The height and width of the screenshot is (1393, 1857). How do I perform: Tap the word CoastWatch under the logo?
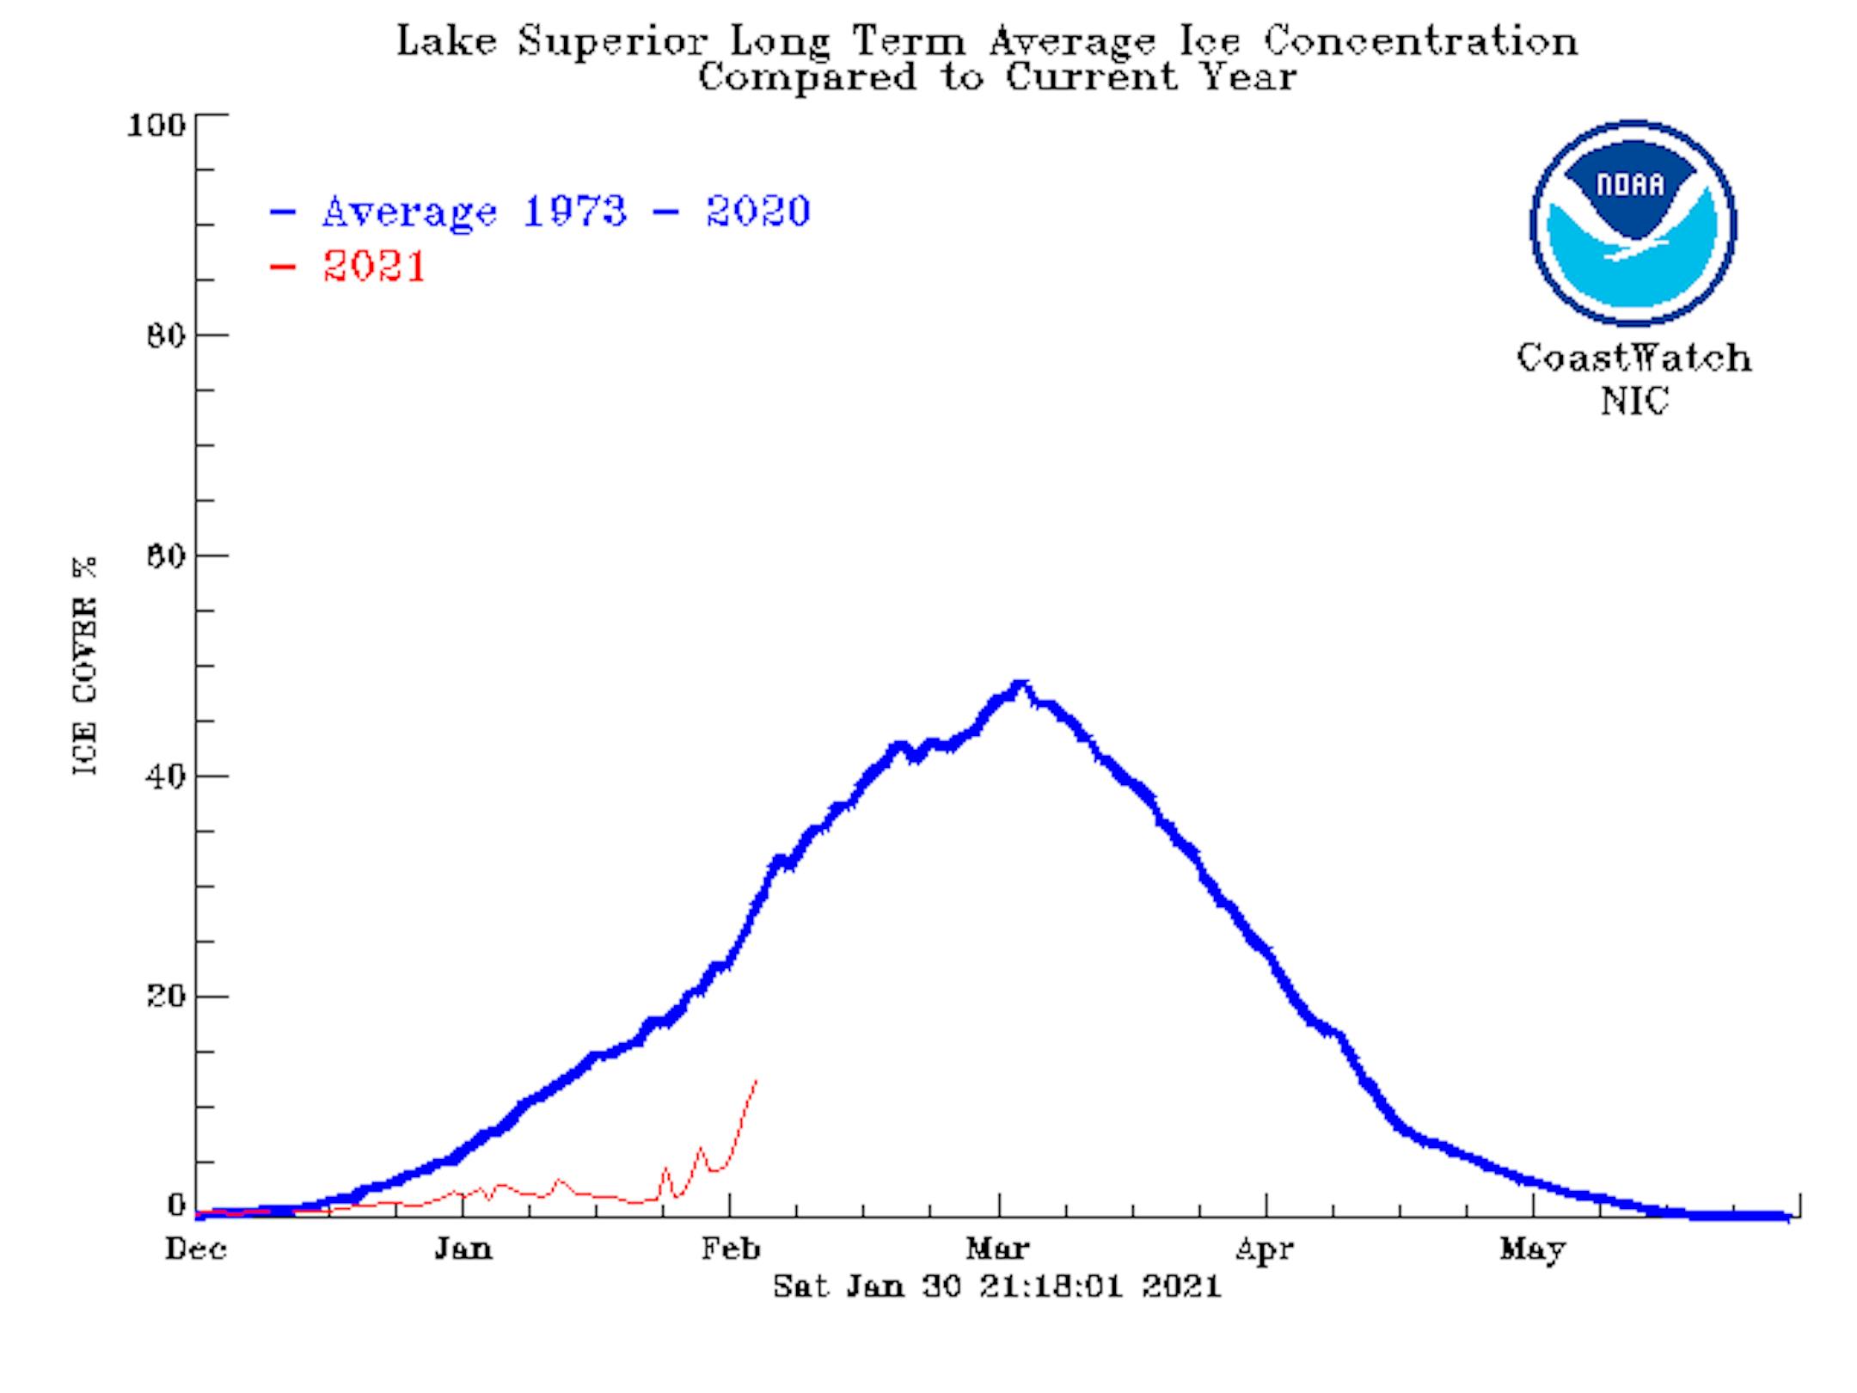[x=1633, y=358]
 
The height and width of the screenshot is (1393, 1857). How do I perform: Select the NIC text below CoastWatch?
[x=1634, y=402]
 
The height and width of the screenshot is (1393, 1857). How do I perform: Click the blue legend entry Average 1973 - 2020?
[x=565, y=212]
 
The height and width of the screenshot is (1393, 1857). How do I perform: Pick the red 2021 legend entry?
[x=374, y=266]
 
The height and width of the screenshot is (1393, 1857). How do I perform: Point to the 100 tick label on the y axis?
[x=156, y=126]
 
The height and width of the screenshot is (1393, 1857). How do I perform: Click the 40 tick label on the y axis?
[x=165, y=776]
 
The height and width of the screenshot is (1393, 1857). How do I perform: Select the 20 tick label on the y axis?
[x=165, y=997]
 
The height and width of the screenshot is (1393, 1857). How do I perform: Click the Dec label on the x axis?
[x=196, y=1249]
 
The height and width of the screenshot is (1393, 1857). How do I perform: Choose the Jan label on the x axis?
[x=463, y=1249]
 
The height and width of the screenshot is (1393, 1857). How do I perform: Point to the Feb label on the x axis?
[x=731, y=1249]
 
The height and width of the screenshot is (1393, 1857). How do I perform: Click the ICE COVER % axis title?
[x=84, y=666]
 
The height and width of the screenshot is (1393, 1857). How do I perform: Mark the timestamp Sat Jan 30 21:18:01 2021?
[x=997, y=1286]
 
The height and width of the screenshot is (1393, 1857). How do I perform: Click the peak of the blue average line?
[x=1020, y=685]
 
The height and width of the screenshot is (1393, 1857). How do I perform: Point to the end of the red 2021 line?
[x=756, y=1080]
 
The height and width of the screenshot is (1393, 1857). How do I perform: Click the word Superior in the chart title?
[x=613, y=41]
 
